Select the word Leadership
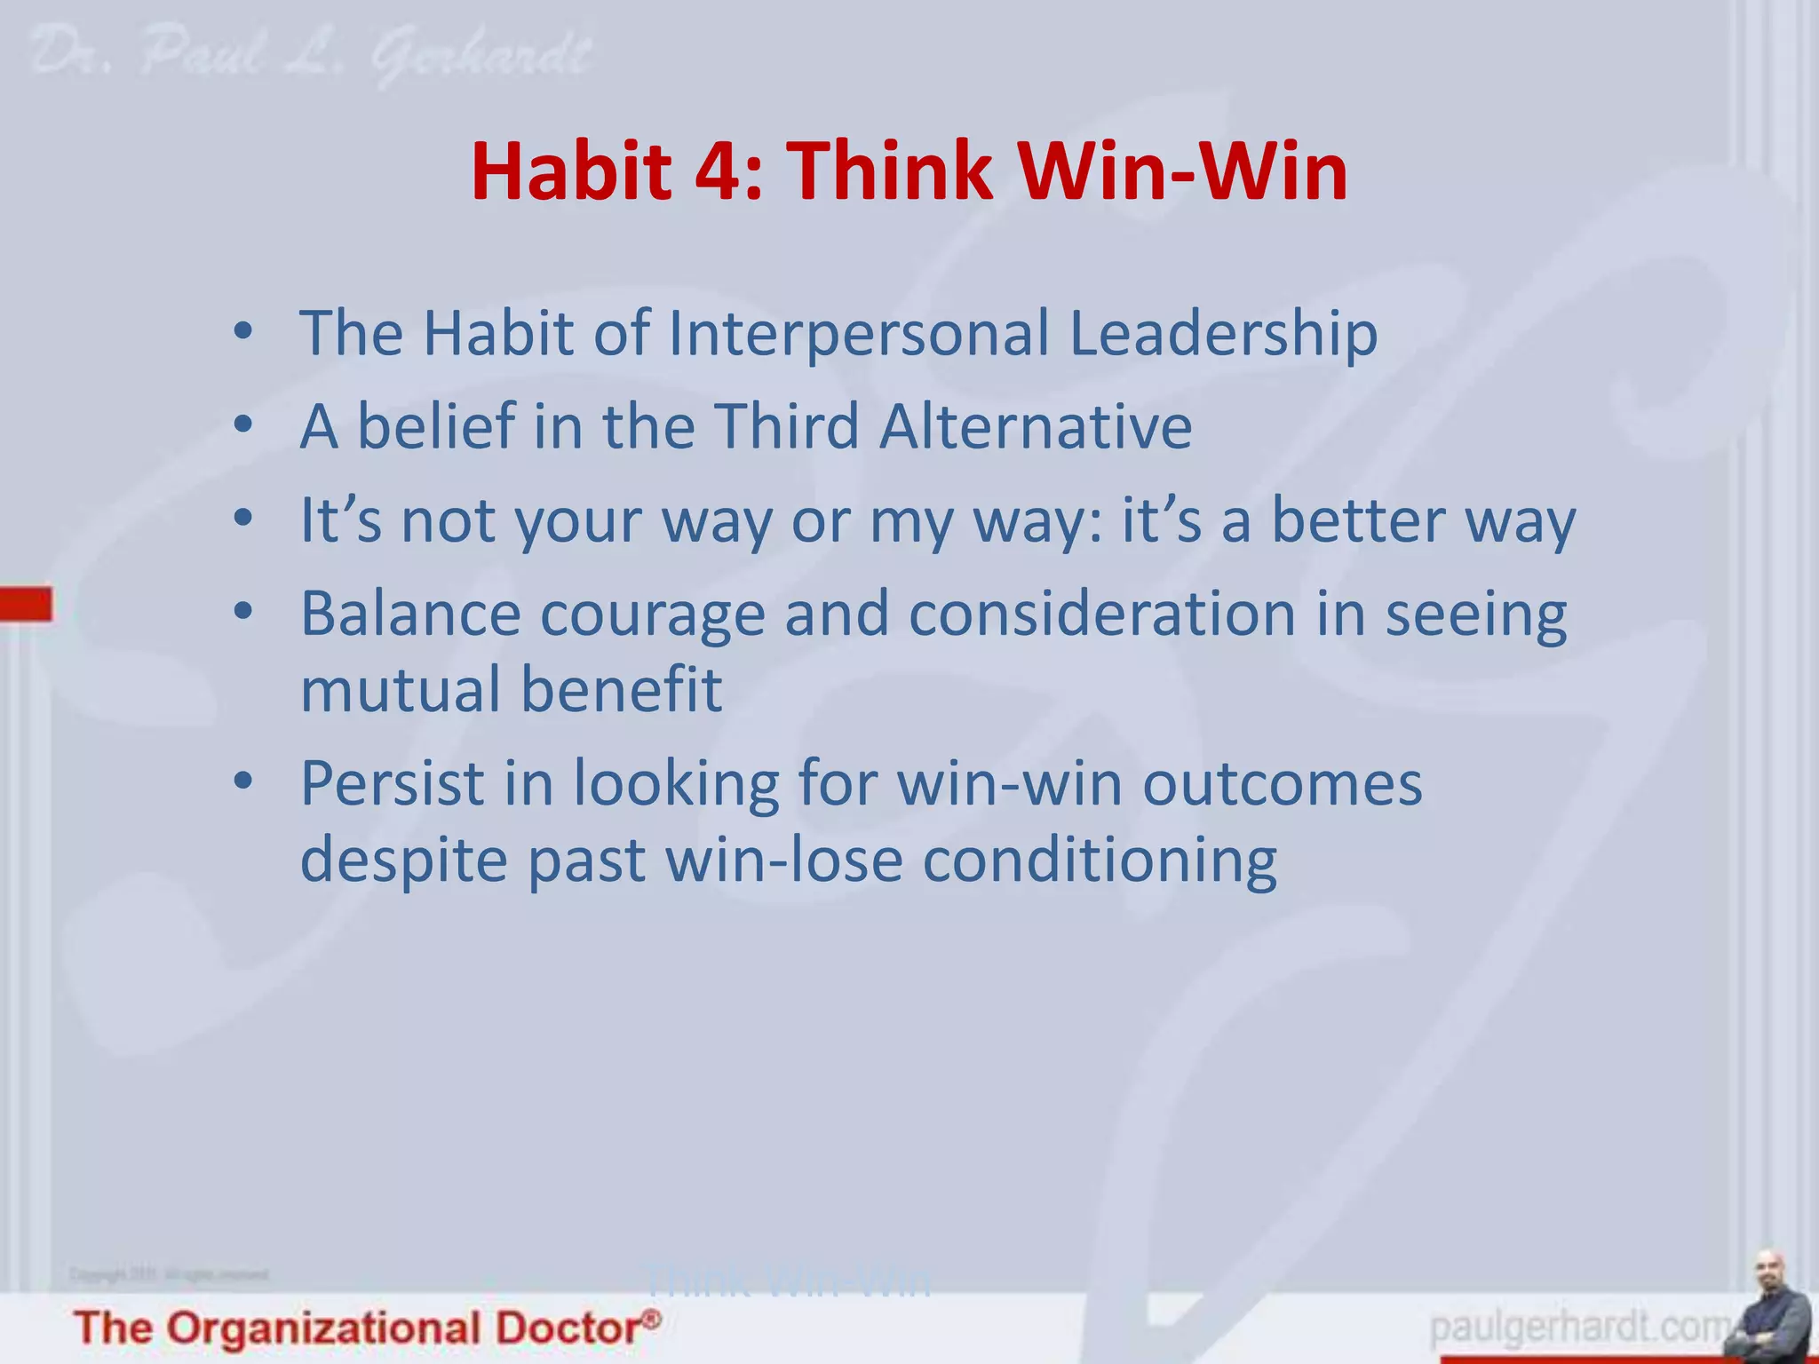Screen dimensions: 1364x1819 1223,334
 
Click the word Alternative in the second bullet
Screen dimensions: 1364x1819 1036,427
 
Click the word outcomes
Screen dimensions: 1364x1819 1282,784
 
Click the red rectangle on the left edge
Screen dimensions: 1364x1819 26,604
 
